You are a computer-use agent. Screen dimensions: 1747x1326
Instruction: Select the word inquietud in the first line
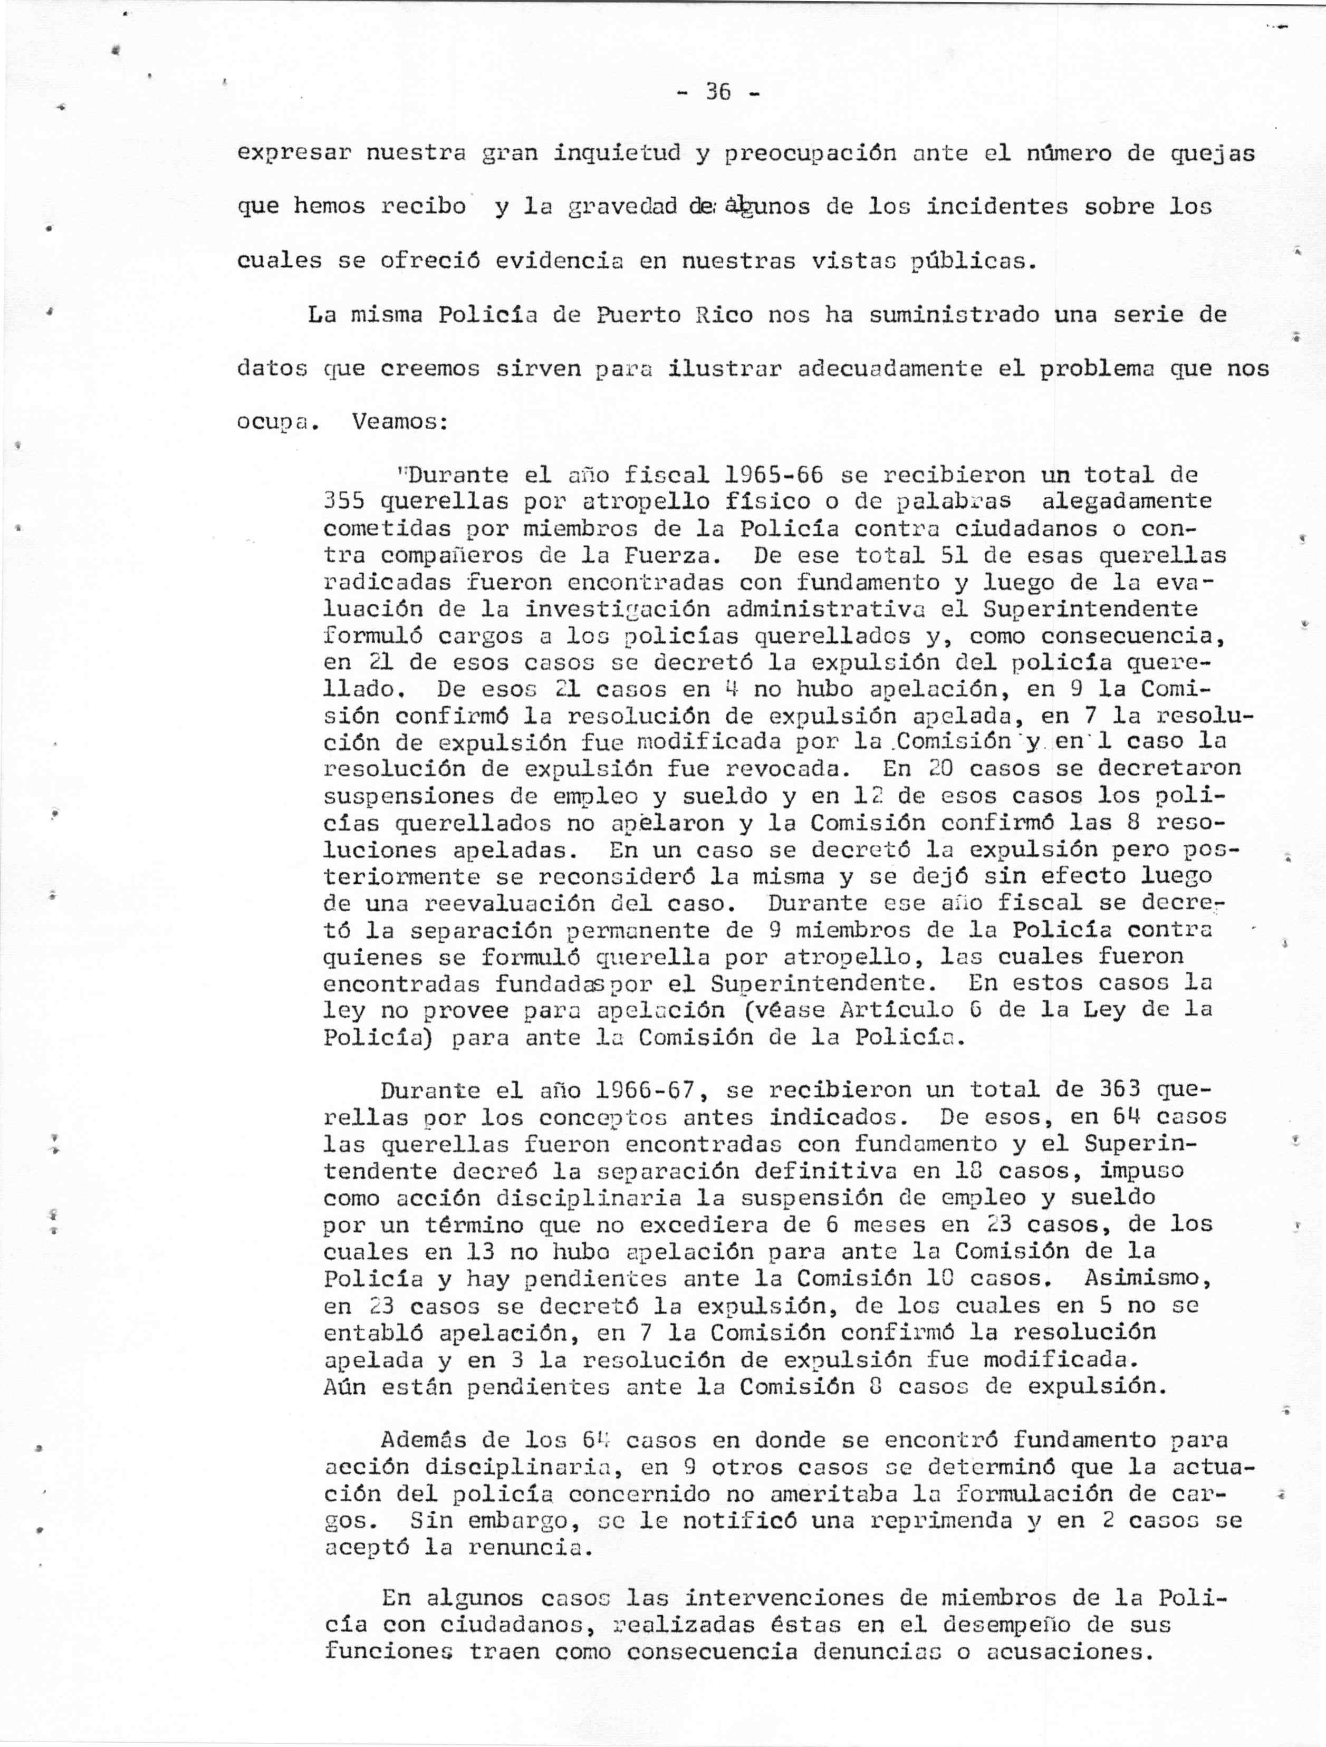(618, 152)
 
